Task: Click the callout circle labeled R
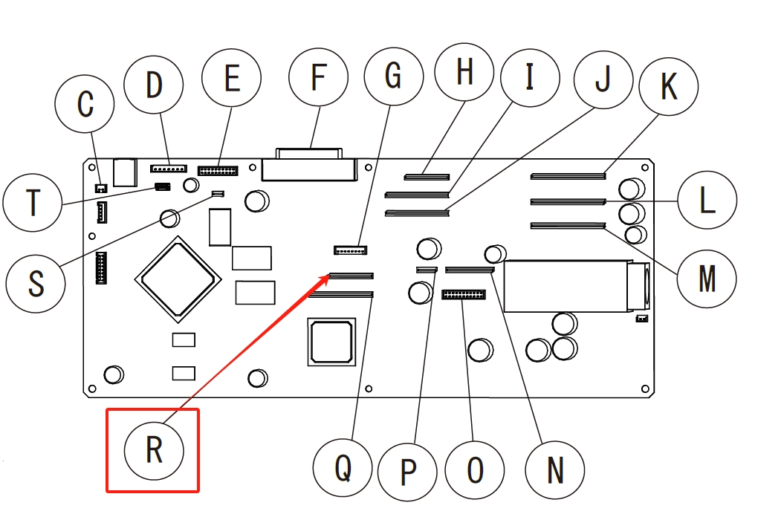click(154, 449)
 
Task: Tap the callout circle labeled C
click(85, 104)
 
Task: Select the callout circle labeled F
click(319, 77)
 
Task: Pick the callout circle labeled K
click(669, 87)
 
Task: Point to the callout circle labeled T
click(33, 202)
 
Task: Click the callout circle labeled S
click(36, 282)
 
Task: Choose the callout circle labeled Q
click(343, 468)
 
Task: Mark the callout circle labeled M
click(707, 279)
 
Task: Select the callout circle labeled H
click(465, 72)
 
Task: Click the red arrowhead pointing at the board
click(326, 278)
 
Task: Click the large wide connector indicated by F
click(309, 169)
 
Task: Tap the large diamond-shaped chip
click(178, 279)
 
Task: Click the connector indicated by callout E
click(218, 171)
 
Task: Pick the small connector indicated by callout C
click(100, 187)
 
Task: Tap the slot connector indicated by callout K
click(568, 177)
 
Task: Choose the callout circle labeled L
click(707, 201)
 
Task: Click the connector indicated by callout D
click(169, 169)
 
